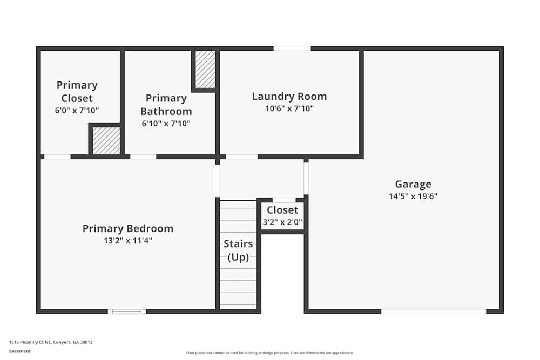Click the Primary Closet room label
(77, 91)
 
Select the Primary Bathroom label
(166, 105)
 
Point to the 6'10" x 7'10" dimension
(166, 124)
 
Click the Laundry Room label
(289, 97)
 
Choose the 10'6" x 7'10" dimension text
(289, 108)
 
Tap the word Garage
(413, 184)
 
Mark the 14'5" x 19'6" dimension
(413, 196)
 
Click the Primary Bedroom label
(128, 228)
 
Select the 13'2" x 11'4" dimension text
(128, 241)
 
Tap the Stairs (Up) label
(238, 250)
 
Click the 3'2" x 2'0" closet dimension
(282, 221)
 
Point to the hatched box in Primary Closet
(106, 141)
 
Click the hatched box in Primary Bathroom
(205, 70)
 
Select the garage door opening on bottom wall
(434, 311)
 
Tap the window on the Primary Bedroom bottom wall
(127, 311)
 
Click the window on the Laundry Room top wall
(292, 49)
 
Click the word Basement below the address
(20, 351)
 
